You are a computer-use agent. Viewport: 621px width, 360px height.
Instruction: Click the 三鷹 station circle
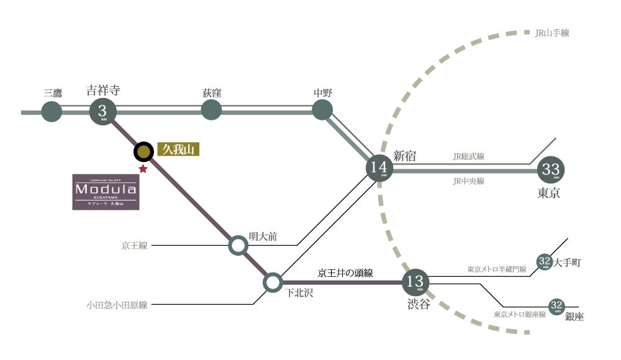[x=52, y=112]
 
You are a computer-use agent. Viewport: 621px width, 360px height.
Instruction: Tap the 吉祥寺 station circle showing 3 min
[x=102, y=112]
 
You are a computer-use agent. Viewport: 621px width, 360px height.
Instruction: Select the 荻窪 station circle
[x=212, y=111]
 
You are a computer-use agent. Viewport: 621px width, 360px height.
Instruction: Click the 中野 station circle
[x=322, y=110]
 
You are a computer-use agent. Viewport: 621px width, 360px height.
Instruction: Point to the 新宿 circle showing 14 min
[x=380, y=168]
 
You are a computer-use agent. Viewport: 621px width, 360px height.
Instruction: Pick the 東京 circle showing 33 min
[x=551, y=169]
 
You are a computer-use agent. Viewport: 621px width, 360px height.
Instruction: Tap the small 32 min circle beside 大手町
[x=544, y=262]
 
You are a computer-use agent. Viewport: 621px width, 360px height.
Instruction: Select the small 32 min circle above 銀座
[x=556, y=305]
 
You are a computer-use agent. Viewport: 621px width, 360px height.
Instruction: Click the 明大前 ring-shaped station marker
[x=238, y=245]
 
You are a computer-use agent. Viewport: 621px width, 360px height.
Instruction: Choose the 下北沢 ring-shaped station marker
[x=273, y=283]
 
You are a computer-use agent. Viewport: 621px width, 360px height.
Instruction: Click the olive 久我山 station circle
[x=143, y=151]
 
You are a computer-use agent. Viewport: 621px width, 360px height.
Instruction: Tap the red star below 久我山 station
[x=143, y=168]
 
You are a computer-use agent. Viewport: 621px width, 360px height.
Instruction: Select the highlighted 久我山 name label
[x=178, y=150]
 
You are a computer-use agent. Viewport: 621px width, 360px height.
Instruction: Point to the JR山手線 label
[x=551, y=33]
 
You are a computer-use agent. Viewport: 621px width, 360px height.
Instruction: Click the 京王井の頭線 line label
[x=345, y=272]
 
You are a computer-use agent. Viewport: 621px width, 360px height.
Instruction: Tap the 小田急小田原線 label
[x=117, y=305]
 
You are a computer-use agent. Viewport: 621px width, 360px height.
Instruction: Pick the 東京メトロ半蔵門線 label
[x=497, y=269]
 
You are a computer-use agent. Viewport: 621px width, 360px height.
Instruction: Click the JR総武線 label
[x=469, y=157]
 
